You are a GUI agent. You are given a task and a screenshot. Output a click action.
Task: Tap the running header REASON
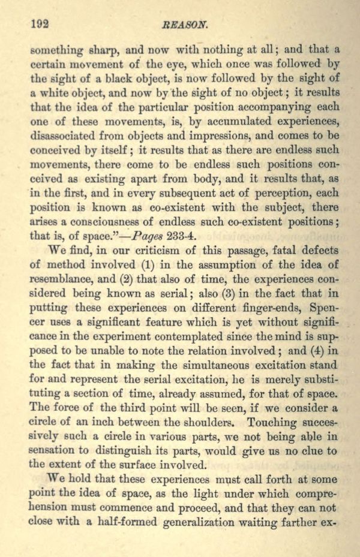(x=188, y=25)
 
